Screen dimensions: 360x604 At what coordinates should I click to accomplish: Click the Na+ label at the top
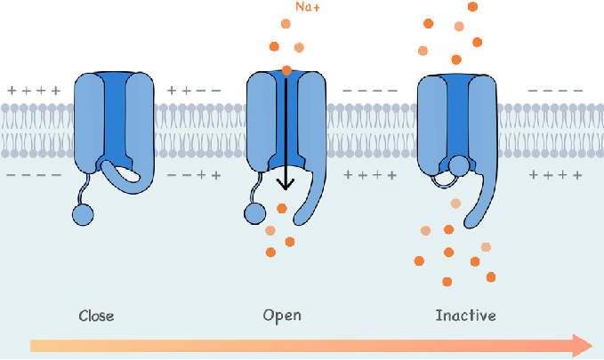pyautogui.click(x=308, y=7)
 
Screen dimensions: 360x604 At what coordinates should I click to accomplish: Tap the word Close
pyautogui.click(x=96, y=316)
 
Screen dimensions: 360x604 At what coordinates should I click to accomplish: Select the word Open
pyautogui.click(x=282, y=316)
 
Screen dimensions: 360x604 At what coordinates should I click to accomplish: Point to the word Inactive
pyautogui.click(x=465, y=316)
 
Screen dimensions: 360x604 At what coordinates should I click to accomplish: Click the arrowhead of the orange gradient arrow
pyautogui.click(x=582, y=345)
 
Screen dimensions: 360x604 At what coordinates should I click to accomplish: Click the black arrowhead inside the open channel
pyautogui.click(x=285, y=185)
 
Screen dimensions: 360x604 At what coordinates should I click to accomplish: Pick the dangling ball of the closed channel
pyautogui.click(x=82, y=213)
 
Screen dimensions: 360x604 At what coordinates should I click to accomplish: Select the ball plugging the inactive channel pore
pyautogui.click(x=459, y=164)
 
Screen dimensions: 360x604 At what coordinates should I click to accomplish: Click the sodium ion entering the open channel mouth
pyautogui.click(x=286, y=69)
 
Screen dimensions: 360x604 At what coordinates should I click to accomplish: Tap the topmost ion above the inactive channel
pyautogui.click(x=471, y=6)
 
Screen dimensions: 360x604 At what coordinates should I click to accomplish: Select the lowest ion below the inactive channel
pyautogui.click(x=447, y=282)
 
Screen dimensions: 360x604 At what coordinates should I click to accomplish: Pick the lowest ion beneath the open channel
pyautogui.click(x=270, y=254)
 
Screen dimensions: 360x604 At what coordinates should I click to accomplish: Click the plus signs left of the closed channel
pyautogui.click(x=33, y=91)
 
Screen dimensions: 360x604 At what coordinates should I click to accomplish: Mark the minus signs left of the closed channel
pyautogui.click(x=34, y=175)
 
